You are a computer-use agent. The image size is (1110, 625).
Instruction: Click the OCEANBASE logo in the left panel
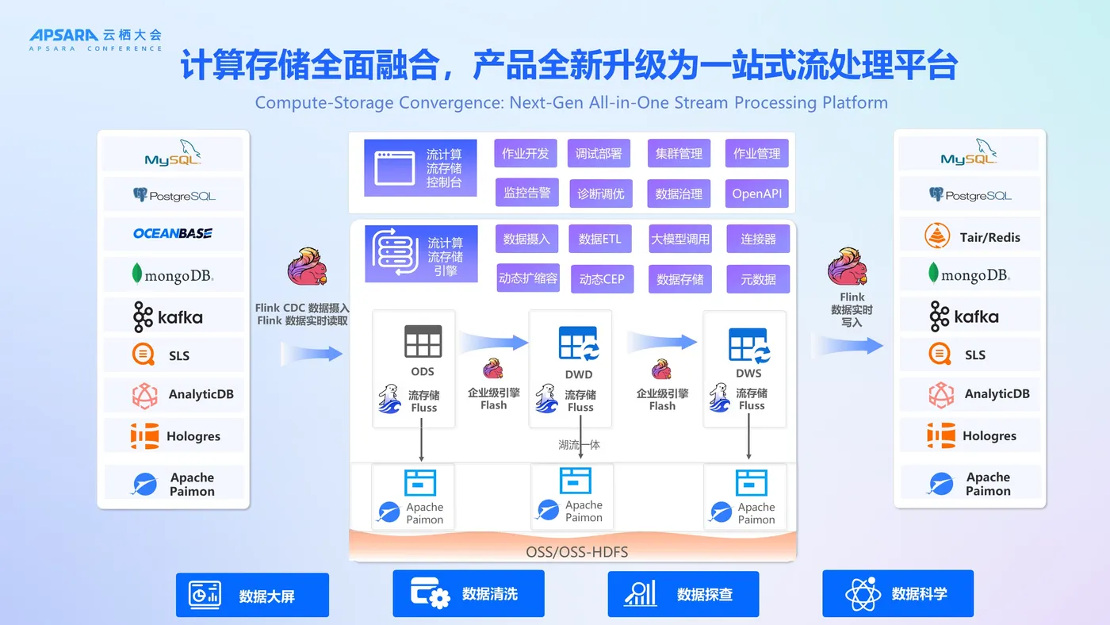[173, 233]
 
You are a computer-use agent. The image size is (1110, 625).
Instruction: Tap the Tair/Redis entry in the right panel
[970, 236]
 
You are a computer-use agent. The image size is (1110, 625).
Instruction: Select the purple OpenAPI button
[756, 194]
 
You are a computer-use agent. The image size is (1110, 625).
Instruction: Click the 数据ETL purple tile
[599, 239]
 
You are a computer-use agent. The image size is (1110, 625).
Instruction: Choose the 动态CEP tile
[602, 279]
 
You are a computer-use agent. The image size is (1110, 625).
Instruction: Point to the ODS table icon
[423, 341]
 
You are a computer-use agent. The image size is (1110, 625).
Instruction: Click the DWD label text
[578, 374]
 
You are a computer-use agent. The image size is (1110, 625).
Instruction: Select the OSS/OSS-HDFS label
[576, 552]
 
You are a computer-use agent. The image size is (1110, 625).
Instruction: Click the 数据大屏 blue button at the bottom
[252, 595]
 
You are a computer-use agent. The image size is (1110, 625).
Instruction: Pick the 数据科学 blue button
[898, 593]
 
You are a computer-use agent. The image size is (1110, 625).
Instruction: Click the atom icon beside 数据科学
[863, 594]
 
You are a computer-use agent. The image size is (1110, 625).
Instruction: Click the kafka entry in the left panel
[168, 316]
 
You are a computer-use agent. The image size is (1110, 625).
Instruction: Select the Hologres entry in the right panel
[970, 435]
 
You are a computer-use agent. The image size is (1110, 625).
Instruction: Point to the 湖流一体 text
[579, 445]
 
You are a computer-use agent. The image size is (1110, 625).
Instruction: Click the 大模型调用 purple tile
[680, 239]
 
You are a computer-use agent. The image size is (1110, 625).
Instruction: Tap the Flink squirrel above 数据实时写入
[848, 266]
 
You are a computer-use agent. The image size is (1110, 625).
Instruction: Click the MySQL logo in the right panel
[969, 152]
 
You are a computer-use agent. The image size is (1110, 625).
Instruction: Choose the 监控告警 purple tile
[526, 192]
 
